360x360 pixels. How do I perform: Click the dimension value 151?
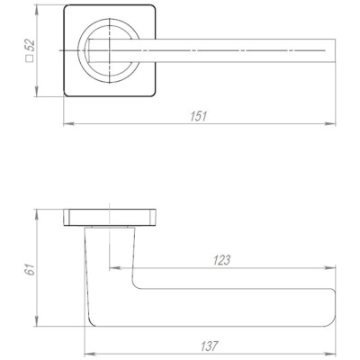[199, 116]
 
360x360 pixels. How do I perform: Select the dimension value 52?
[31, 46]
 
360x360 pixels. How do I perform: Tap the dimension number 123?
[221, 260]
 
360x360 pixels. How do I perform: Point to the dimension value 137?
[209, 346]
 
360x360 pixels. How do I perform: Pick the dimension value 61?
[30, 269]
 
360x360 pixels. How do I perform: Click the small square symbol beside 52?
[30, 58]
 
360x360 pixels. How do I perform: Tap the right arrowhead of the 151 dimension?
[330, 123]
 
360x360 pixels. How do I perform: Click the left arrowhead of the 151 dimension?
[69, 123]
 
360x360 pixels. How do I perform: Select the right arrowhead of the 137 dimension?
[330, 354]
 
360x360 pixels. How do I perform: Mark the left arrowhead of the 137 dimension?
[90, 354]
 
